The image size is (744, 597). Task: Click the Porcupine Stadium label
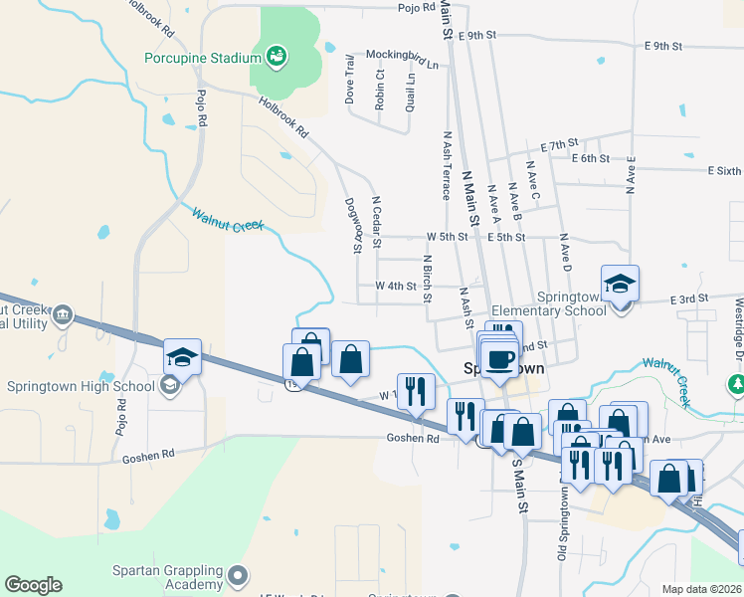(202, 58)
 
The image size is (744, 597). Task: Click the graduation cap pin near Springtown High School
(183, 356)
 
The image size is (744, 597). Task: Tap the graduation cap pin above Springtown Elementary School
(620, 284)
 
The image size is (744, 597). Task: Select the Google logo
(33, 585)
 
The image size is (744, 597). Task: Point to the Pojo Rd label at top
(417, 7)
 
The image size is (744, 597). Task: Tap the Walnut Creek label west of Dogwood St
(228, 218)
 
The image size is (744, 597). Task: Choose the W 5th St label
(447, 237)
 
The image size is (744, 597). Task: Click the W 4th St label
(395, 286)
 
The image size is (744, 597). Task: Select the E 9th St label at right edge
(662, 46)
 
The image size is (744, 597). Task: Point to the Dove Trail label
(349, 79)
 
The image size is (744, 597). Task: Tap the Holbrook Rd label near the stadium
(283, 117)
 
